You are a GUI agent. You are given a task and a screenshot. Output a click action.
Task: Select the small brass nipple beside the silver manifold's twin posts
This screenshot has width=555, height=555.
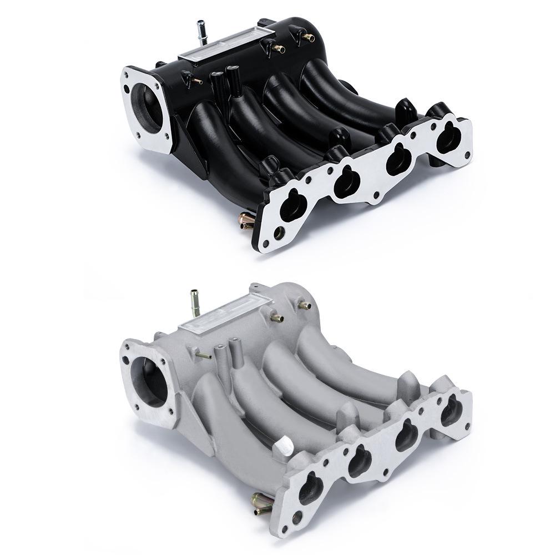point(202,354)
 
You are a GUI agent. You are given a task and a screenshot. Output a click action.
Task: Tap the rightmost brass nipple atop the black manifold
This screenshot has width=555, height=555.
point(305,38)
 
